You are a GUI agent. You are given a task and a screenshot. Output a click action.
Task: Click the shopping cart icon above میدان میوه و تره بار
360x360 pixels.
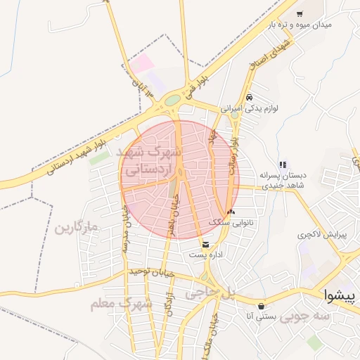(300, 14)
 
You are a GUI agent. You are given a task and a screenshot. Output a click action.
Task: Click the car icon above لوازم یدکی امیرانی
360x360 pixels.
(250, 97)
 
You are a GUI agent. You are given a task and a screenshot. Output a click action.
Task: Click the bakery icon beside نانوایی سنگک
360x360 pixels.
(231, 212)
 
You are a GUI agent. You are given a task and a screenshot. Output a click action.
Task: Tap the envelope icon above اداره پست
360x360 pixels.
(205, 244)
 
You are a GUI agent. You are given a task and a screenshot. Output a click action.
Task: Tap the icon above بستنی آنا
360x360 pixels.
(262, 306)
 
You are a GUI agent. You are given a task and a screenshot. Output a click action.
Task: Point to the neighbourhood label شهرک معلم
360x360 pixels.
(121, 304)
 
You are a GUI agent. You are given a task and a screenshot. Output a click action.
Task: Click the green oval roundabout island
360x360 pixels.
(172, 100)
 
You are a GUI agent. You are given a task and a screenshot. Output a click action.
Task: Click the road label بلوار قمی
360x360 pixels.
(191, 86)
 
